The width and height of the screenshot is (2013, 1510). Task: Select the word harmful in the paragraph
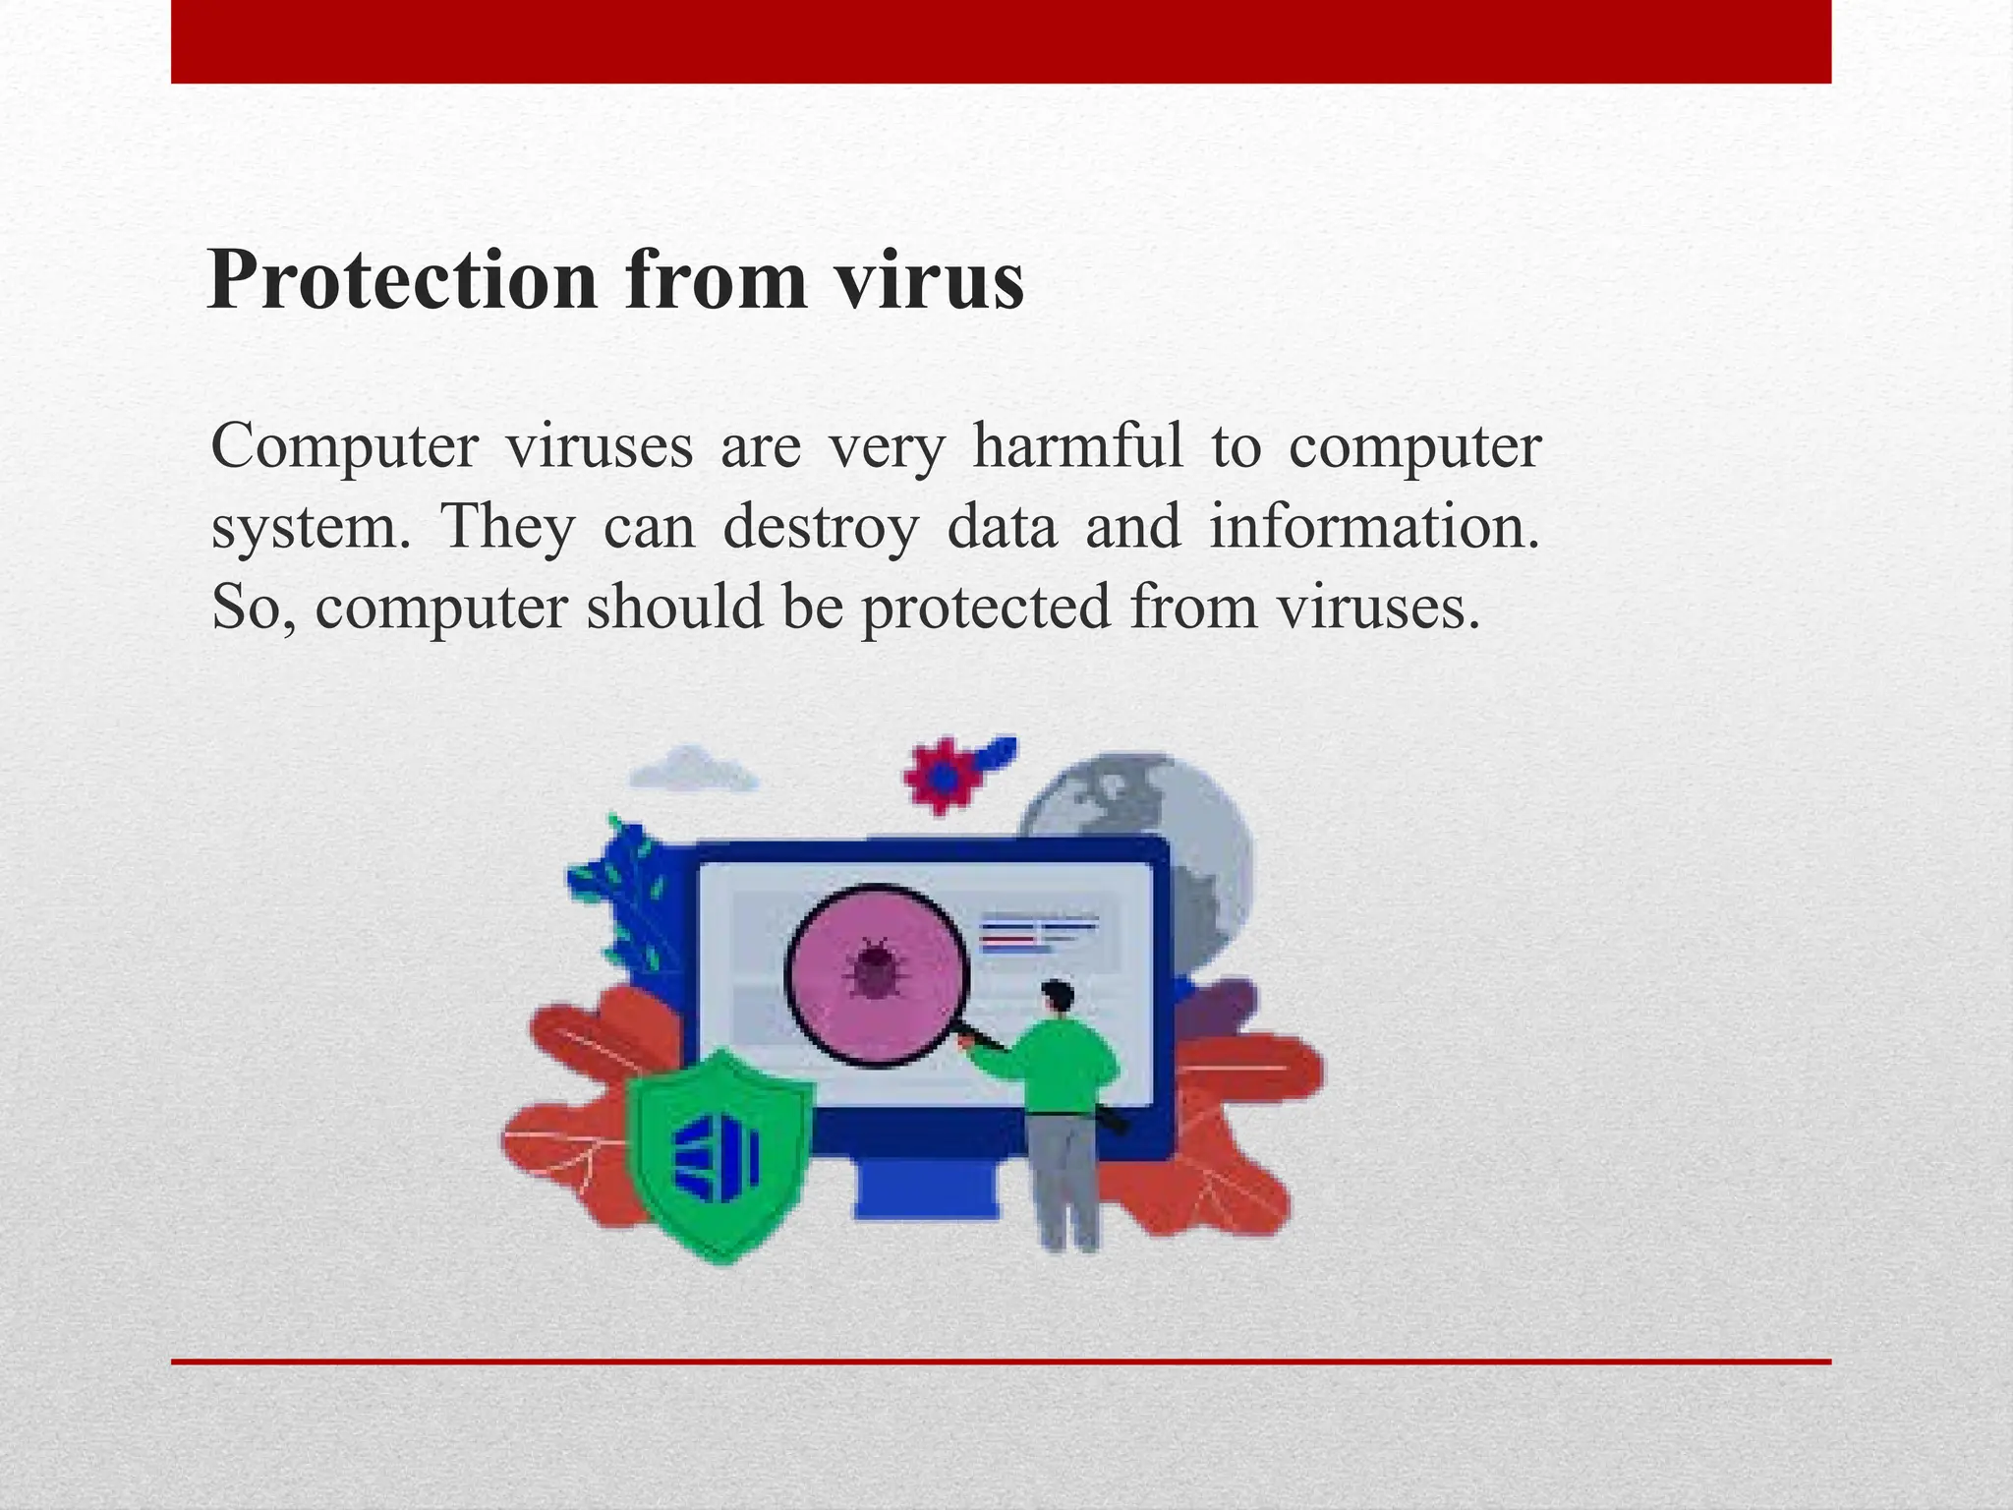click(1077, 447)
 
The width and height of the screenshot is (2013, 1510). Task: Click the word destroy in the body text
click(820, 527)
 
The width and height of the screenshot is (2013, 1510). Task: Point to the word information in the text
click(1373, 527)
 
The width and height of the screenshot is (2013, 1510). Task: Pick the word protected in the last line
click(986, 607)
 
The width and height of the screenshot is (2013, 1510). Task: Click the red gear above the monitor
click(942, 776)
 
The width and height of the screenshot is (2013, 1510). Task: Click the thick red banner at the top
click(1001, 41)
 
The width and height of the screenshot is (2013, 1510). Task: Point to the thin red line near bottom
click(1001, 1362)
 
